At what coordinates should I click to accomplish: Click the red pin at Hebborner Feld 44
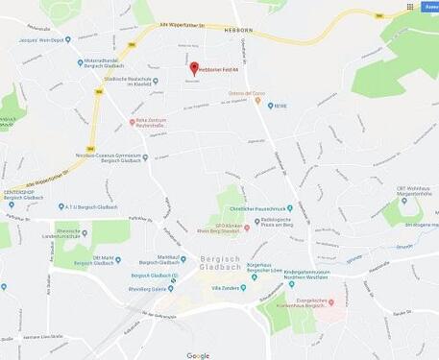coord(194,67)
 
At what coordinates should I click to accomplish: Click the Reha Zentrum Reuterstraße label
coord(152,123)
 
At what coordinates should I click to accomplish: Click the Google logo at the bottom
coord(198,354)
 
